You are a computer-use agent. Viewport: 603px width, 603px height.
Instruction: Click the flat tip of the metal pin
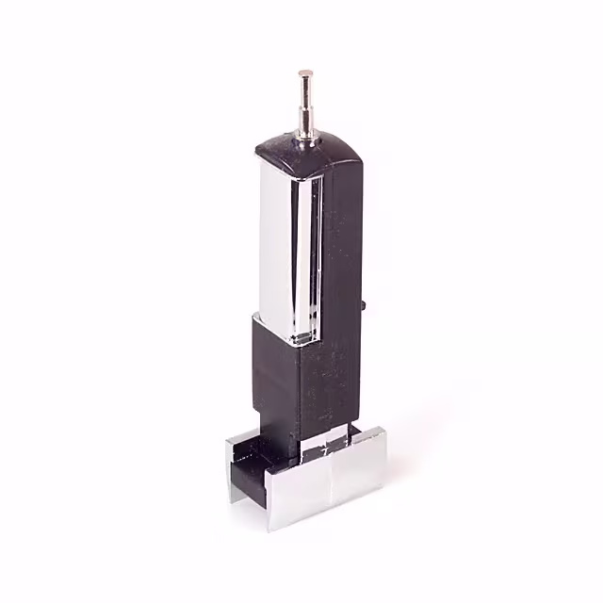tap(304, 71)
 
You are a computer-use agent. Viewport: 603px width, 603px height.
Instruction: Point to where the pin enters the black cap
tap(306, 142)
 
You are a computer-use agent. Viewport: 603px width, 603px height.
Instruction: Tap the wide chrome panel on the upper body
tap(276, 245)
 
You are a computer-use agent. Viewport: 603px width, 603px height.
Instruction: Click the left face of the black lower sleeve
tap(273, 377)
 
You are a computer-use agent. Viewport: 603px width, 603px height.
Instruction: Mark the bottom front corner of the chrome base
tap(272, 529)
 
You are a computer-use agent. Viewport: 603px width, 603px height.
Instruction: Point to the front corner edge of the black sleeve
tap(300, 396)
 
